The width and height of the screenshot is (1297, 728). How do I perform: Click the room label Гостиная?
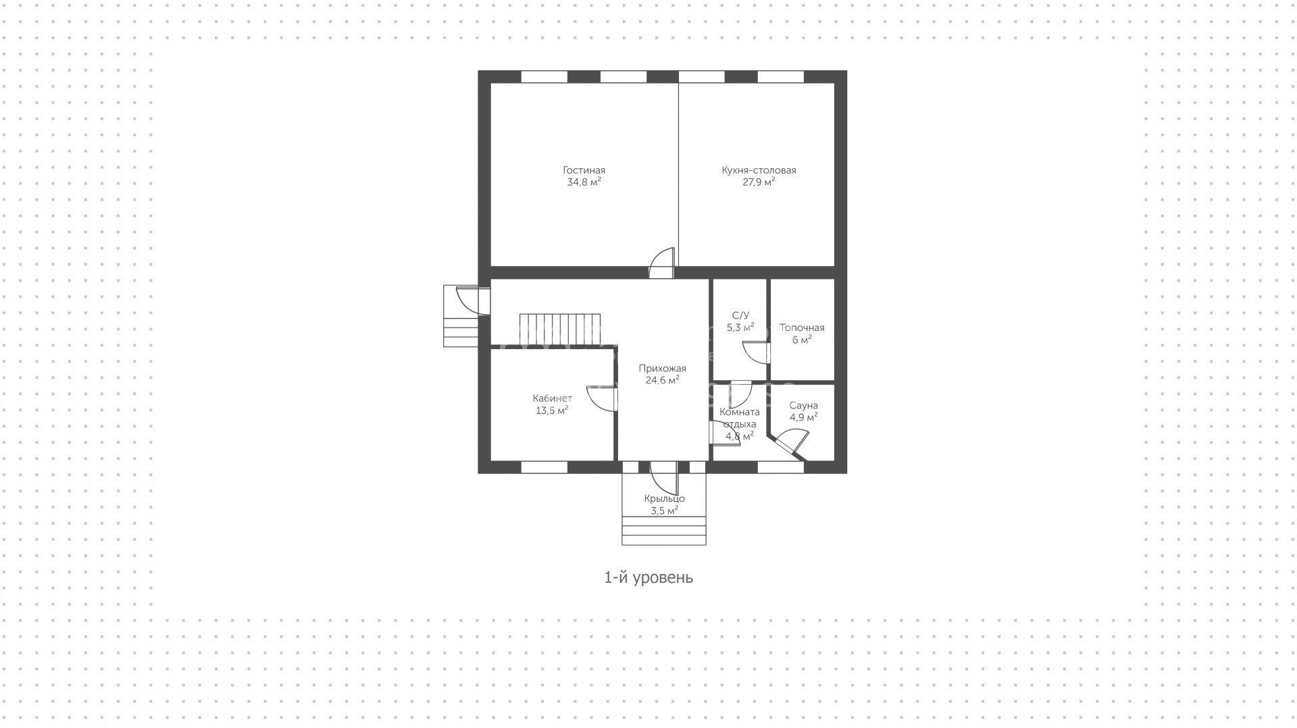[584, 170]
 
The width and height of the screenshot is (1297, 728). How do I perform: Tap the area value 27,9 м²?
[759, 182]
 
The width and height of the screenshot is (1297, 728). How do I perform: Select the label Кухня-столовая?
[759, 170]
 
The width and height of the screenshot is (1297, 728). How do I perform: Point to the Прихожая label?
[662, 369]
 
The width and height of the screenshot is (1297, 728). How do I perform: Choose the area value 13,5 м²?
[552, 410]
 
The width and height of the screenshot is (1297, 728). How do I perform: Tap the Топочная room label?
[802, 328]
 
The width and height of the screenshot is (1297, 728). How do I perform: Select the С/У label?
[740, 315]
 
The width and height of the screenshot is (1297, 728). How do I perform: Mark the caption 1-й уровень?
[648, 577]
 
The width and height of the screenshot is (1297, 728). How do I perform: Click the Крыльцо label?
[664, 498]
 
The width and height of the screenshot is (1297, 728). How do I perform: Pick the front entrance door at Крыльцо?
[663, 477]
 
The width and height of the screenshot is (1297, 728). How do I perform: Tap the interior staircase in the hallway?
[560, 329]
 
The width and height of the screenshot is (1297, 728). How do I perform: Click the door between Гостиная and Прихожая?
[662, 263]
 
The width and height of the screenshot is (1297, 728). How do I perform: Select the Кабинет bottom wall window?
[544, 467]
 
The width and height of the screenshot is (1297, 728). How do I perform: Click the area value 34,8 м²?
[584, 182]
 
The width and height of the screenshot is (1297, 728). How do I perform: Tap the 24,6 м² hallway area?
[662, 380]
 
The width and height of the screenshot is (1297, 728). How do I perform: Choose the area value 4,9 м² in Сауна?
[804, 417]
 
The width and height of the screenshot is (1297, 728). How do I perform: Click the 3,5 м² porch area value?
[664, 511]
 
